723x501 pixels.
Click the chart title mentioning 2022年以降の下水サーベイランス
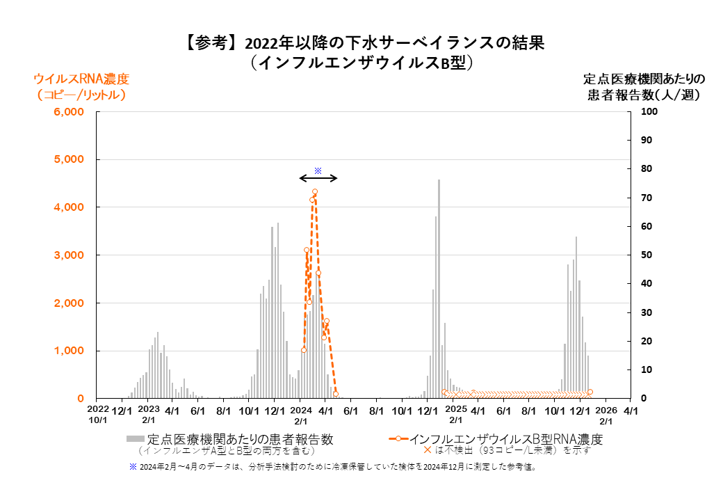(364, 43)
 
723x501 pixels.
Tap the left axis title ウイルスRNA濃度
(82, 78)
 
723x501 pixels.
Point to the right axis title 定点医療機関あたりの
(643, 78)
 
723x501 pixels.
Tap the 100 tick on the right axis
(647, 112)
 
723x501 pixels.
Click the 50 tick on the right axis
(645, 255)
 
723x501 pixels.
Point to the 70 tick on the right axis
(645, 198)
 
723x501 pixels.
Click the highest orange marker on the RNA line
(315, 192)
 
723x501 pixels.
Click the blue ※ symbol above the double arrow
(318, 170)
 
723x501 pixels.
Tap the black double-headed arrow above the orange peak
(318, 179)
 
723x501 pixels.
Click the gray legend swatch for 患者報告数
(136, 439)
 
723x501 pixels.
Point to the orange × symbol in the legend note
(427, 450)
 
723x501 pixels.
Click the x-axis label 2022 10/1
(98, 415)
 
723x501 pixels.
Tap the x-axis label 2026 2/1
(606, 415)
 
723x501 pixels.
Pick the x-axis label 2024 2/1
(300, 415)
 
